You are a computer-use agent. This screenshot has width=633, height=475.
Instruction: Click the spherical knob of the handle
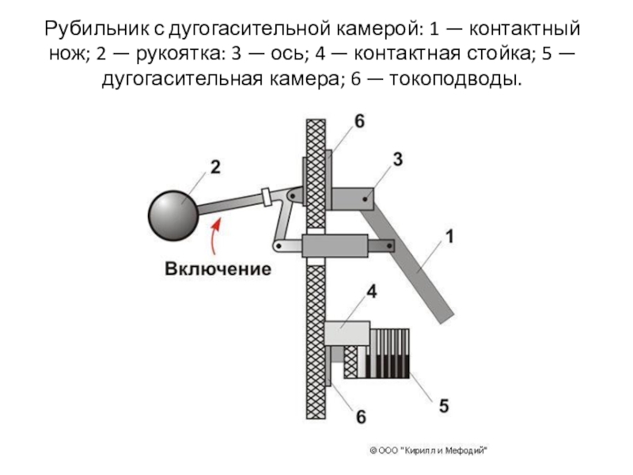coord(172,214)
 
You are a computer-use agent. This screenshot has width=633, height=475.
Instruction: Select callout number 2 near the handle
coord(214,167)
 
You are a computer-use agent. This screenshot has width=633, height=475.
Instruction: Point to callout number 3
coord(397,159)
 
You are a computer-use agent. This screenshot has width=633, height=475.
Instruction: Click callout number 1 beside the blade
coord(447,235)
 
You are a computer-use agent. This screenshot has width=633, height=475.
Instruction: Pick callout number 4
coord(372,292)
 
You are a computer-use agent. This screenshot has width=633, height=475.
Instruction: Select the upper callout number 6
coord(360,121)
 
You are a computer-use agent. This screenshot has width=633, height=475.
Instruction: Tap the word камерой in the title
coord(373,31)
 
